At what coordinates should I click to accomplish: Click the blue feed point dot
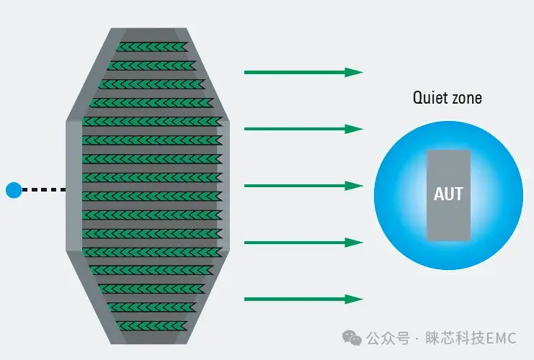(x=14, y=190)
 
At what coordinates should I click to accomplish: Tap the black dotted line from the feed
(x=44, y=190)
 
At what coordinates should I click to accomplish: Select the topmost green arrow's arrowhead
(x=354, y=72)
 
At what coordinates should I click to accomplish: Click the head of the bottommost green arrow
(x=354, y=299)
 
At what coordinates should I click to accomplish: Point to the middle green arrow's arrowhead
(x=354, y=186)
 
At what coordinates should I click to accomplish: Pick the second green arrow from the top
(x=304, y=129)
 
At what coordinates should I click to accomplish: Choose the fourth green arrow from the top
(x=304, y=243)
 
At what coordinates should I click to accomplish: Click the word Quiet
(x=429, y=98)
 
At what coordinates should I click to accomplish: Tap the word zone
(x=466, y=99)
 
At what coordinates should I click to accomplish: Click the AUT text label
(x=448, y=194)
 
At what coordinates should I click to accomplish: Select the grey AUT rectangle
(x=448, y=195)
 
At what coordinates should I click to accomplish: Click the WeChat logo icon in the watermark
(x=352, y=338)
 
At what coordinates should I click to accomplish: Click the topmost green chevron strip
(x=152, y=47)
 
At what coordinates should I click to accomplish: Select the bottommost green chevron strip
(x=152, y=326)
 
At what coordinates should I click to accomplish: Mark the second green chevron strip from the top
(x=152, y=66)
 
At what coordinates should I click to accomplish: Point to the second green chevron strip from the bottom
(x=152, y=307)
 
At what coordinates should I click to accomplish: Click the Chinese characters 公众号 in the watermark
(x=388, y=338)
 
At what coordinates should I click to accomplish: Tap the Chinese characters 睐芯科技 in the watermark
(x=455, y=338)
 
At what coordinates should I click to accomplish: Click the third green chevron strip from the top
(x=152, y=84)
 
